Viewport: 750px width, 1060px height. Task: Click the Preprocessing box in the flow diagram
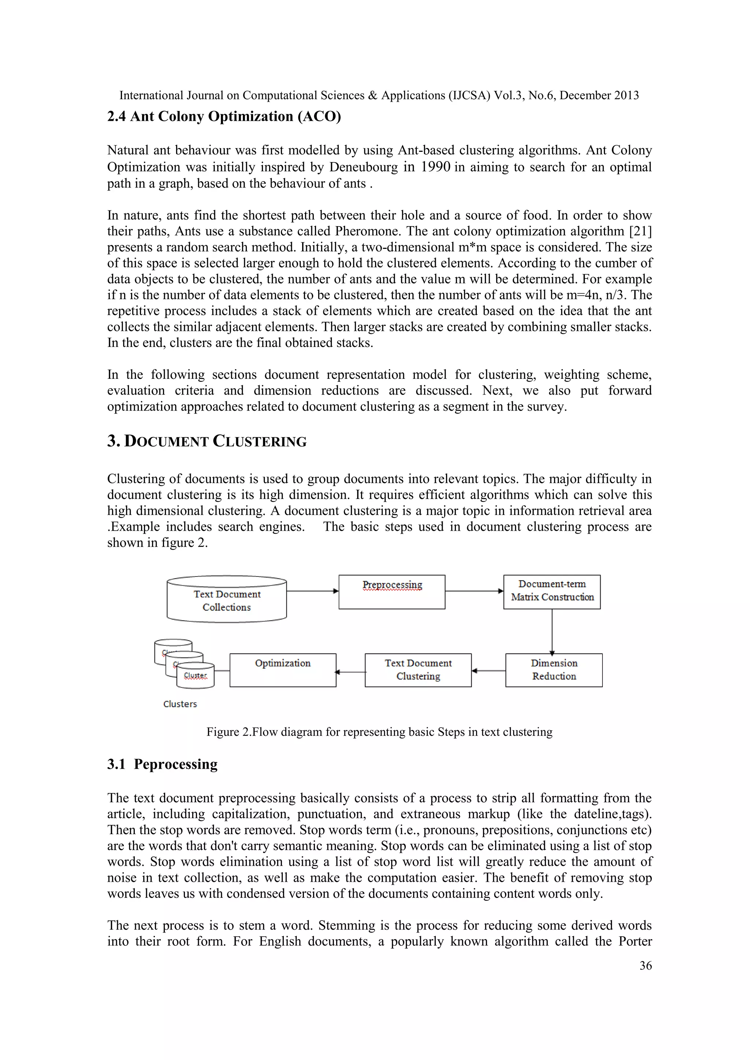(x=391, y=592)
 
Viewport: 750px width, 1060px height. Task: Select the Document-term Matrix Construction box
(x=552, y=591)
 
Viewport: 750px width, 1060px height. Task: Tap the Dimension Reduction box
(x=554, y=670)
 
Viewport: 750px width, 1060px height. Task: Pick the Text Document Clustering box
(x=418, y=670)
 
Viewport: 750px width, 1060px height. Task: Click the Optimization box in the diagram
(x=283, y=670)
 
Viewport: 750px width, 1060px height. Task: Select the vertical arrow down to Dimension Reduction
(x=552, y=631)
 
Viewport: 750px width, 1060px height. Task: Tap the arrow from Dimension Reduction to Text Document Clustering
(x=488, y=671)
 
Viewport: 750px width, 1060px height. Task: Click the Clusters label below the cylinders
(x=180, y=704)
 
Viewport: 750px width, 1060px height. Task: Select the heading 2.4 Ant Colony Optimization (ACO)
(x=224, y=116)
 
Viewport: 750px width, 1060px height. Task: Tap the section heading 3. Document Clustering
(x=207, y=441)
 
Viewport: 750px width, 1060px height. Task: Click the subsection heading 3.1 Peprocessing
(x=162, y=764)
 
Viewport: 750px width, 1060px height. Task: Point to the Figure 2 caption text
(x=379, y=732)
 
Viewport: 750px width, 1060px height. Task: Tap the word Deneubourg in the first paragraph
(x=363, y=167)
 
